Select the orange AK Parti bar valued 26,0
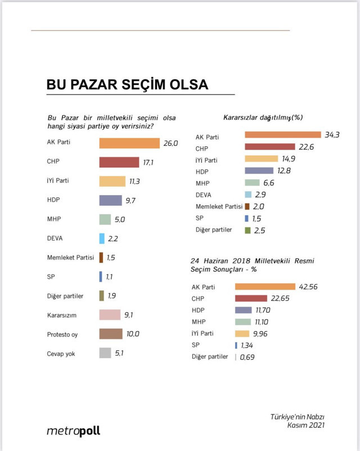[129, 143]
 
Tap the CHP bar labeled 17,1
[119, 162]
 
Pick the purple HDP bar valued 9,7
[110, 200]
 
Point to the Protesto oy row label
[62, 334]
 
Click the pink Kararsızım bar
[110, 315]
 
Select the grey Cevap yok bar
[105, 353]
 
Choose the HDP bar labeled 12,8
[260, 170]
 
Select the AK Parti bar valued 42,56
[269, 287]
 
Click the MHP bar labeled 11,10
[250, 322]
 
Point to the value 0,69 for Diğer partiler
[248, 357]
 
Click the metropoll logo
[73, 431]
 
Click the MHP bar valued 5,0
[105, 220]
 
